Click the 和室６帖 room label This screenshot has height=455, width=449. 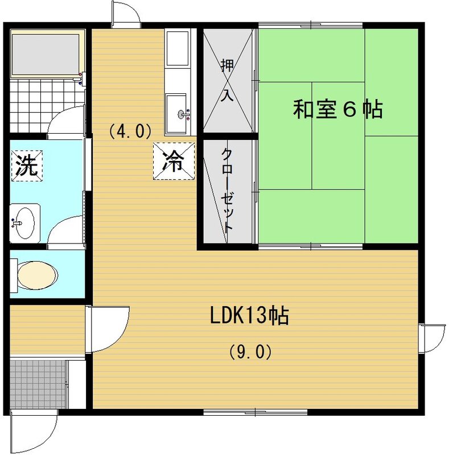coord(337,109)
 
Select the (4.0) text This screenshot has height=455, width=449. coord(130,131)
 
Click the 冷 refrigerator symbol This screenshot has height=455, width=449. coord(173,161)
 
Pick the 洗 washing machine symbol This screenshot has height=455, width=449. coord(26,165)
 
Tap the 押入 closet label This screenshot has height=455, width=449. coord(227,80)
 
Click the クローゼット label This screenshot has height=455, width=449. coord(226,191)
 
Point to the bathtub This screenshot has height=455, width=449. coord(46,54)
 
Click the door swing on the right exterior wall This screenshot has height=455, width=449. coord(432,338)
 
